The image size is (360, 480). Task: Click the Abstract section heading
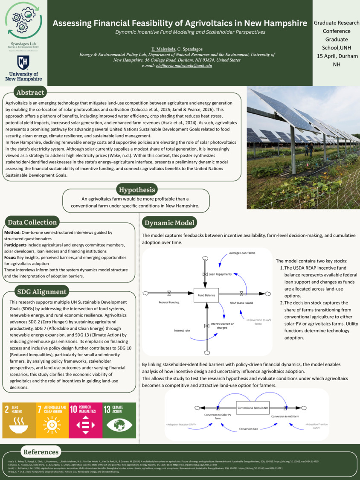(30, 93)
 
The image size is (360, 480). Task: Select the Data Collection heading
(32, 222)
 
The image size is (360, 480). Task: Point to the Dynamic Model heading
(169, 223)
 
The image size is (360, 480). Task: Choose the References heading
(41, 452)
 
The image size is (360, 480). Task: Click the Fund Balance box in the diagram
(207, 295)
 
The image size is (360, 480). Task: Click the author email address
(184, 65)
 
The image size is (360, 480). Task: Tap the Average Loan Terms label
(242, 253)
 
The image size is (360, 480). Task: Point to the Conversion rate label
(248, 429)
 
